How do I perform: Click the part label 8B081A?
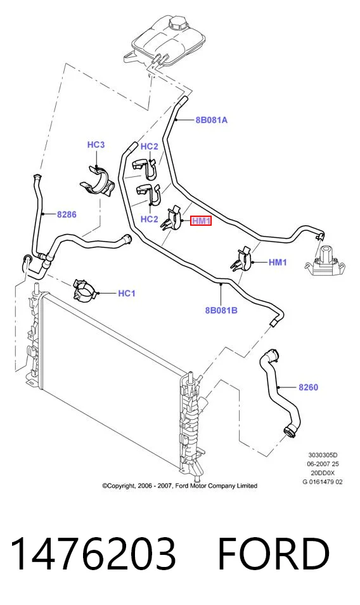pyautogui.click(x=211, y=120)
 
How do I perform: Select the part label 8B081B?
pyautogui.click(x=221, y=310)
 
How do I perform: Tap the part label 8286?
pyautogui.click(x=67, y=214)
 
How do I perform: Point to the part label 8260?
pyautogui.click(x=309, y=387)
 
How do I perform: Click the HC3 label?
pyautogui.click(x=96, y=145)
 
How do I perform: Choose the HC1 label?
pyautogui.click(x=126, y=294)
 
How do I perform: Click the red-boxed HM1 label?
pyautogui.click(x=201, y=221)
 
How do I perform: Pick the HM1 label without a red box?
pyautogui.click(x=278, y=263)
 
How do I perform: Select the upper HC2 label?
pyautogui.click(x=149, y=146)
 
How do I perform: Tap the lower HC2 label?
pyautogui.click(x=149, y=219)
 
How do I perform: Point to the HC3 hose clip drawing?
pyautogui.click(x=97, y=181)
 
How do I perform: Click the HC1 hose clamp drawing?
pyautogui.click(x=85, y=289)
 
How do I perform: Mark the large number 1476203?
pyautogui.click(x=94, y=553)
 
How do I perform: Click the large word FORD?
pyautogui.click(x=274, y=553)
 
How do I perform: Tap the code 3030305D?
pyautogui.click(x=323, y=455)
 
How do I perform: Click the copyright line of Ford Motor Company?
pyautogui.click(x=179, y=486)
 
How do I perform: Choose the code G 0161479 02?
pyautogui.click(x=323, y=481)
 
